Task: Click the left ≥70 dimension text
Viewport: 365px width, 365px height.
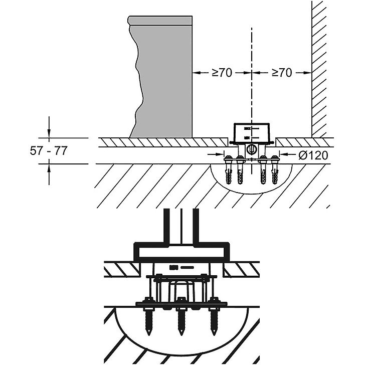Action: [221, 73]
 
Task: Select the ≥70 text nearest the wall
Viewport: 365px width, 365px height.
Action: [281, 73]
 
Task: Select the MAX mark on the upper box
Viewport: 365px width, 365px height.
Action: [247, 128]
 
